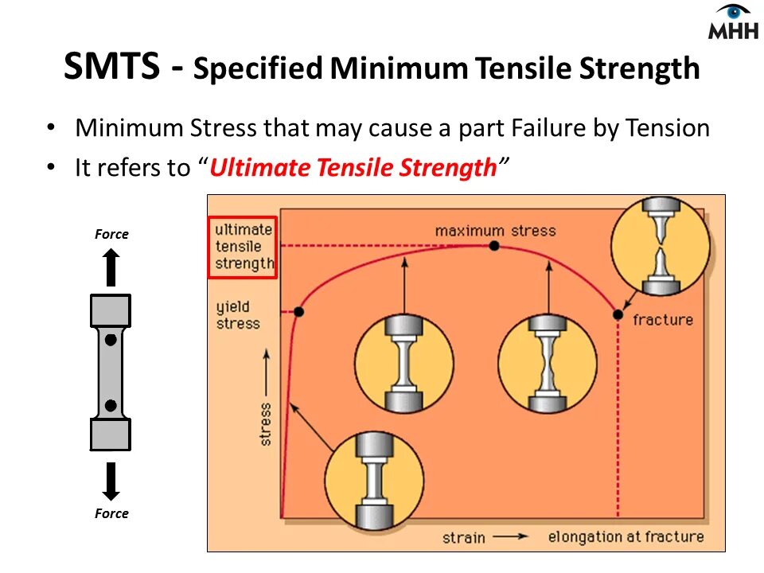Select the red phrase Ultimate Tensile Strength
tap(353, 168)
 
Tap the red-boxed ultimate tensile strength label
tap(243, 247)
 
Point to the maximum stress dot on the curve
tap(494, 246)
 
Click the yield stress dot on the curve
tap(298, 311)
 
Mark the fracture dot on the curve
tap(618, 314)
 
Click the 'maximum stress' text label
tap(495, 231)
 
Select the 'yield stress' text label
tap(238, 315)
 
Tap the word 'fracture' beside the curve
tap(662, 320)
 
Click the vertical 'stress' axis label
tap(265, 423)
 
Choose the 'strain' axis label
tap(464, 537)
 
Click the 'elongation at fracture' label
tap(626, 536)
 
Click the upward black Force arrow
tap(111, 267)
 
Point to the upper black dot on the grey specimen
tap(111, 339)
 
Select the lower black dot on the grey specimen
tap(111, 406)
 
